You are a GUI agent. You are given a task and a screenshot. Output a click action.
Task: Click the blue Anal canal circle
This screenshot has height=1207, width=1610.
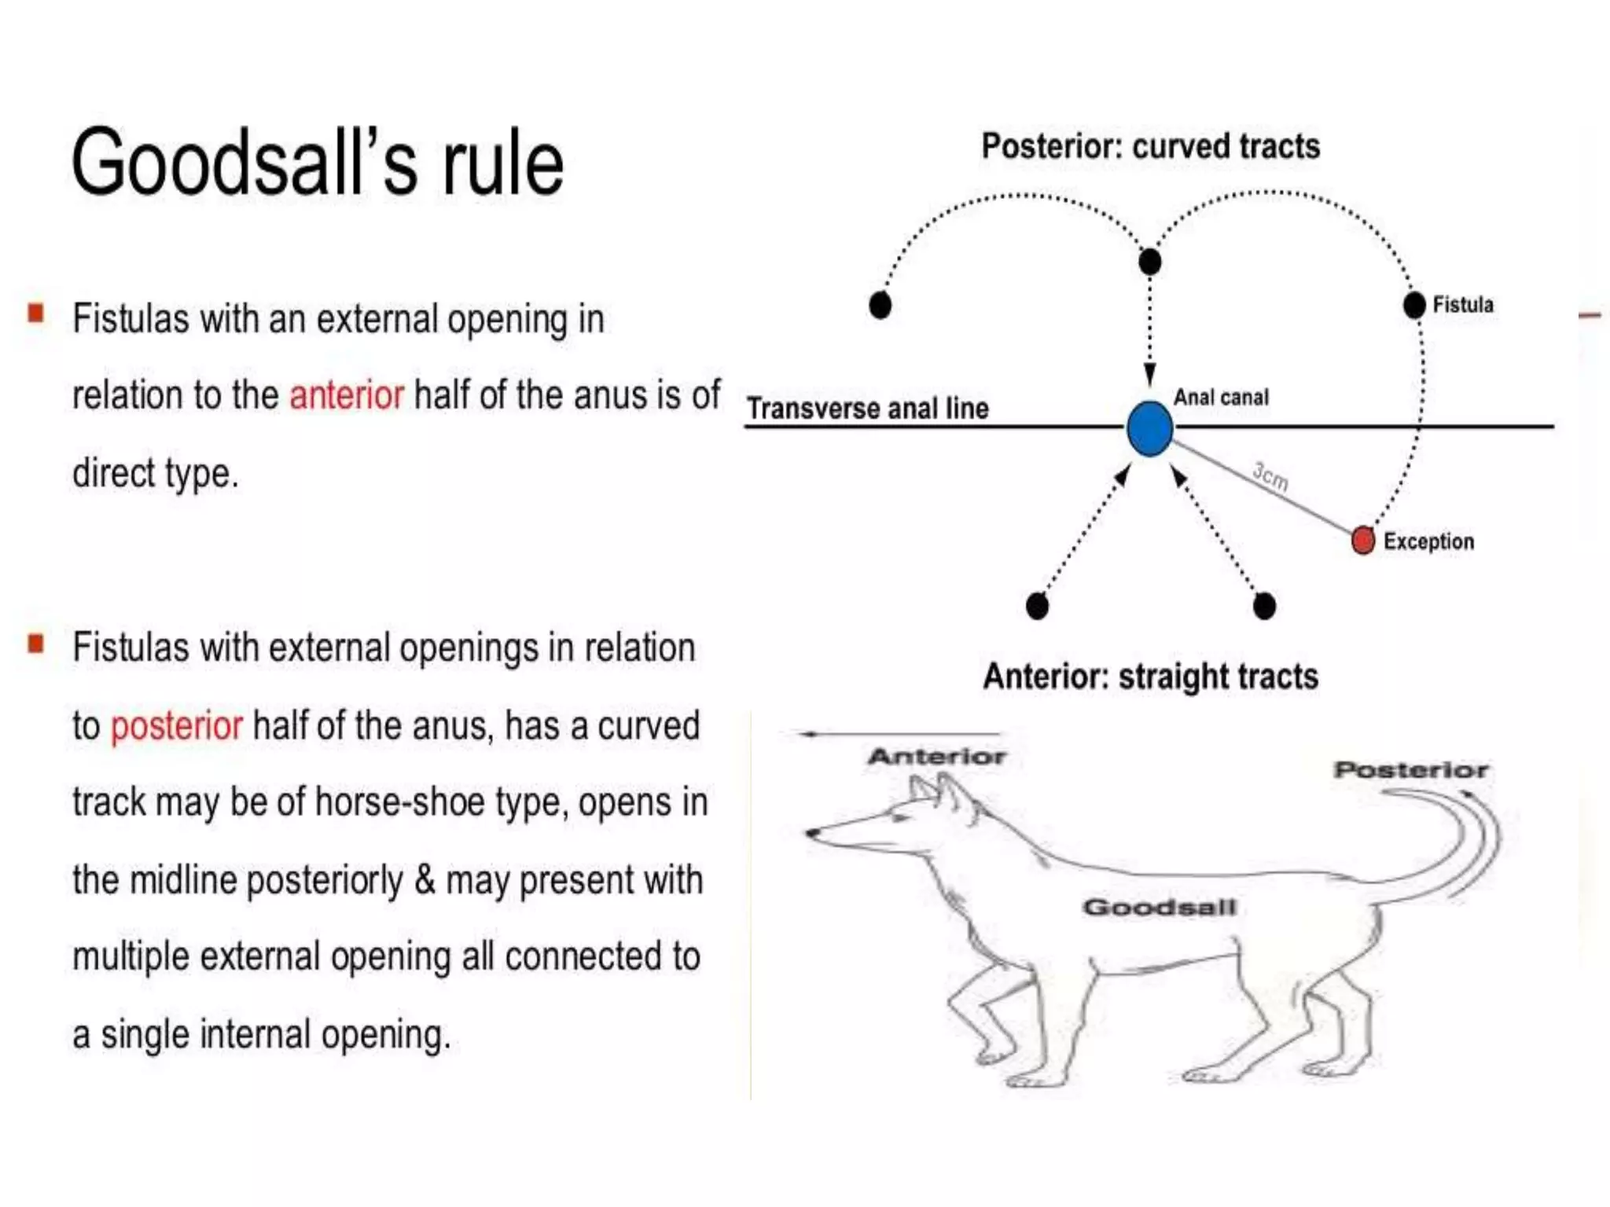click(x=1149, y=429)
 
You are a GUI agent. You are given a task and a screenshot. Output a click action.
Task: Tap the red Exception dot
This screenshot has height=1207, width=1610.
click(x=1363, y=541)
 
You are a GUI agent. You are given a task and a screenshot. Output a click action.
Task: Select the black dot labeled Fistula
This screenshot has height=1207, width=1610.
click(x=1414, y=305)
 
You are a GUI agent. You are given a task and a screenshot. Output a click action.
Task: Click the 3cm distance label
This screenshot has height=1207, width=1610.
click(x=1270, y=476)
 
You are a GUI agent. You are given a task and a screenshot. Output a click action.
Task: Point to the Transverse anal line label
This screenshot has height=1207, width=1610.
click(x=867, y=409)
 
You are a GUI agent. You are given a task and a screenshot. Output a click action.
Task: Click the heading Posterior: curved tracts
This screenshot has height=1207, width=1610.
click(x=1150, y=147)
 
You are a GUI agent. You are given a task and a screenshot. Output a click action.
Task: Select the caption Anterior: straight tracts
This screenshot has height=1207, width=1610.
click(x=1150, y=677)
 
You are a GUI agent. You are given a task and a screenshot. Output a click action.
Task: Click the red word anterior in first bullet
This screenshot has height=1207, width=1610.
click(x=347, y=394)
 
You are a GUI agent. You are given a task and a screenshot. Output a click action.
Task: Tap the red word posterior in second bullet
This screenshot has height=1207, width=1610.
click(x=176, y=725)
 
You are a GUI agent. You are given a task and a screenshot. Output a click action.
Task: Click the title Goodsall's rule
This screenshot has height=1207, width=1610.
click(x=318, y=163)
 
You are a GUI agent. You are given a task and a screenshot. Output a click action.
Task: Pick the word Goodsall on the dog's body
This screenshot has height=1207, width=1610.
click(x=1160, y=908)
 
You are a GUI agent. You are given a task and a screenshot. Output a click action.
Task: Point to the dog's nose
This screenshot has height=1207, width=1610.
click(x=810, y=832)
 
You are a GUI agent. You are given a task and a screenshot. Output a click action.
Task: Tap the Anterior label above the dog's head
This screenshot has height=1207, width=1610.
click(x=936, y=757)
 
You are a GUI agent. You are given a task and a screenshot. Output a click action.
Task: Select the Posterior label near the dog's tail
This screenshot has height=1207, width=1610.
click(x=1411, y=770)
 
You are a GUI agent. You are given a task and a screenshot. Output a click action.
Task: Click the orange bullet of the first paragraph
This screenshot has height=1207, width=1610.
click(x=35, y=314)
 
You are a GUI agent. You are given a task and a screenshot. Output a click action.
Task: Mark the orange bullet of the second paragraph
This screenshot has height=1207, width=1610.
click(x=35, y=644)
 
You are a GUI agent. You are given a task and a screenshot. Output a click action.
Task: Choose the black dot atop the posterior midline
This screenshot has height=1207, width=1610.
click(x=1149, y=262)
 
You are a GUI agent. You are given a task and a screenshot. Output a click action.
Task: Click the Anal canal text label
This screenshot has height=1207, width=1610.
click(x=1221, y=398)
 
